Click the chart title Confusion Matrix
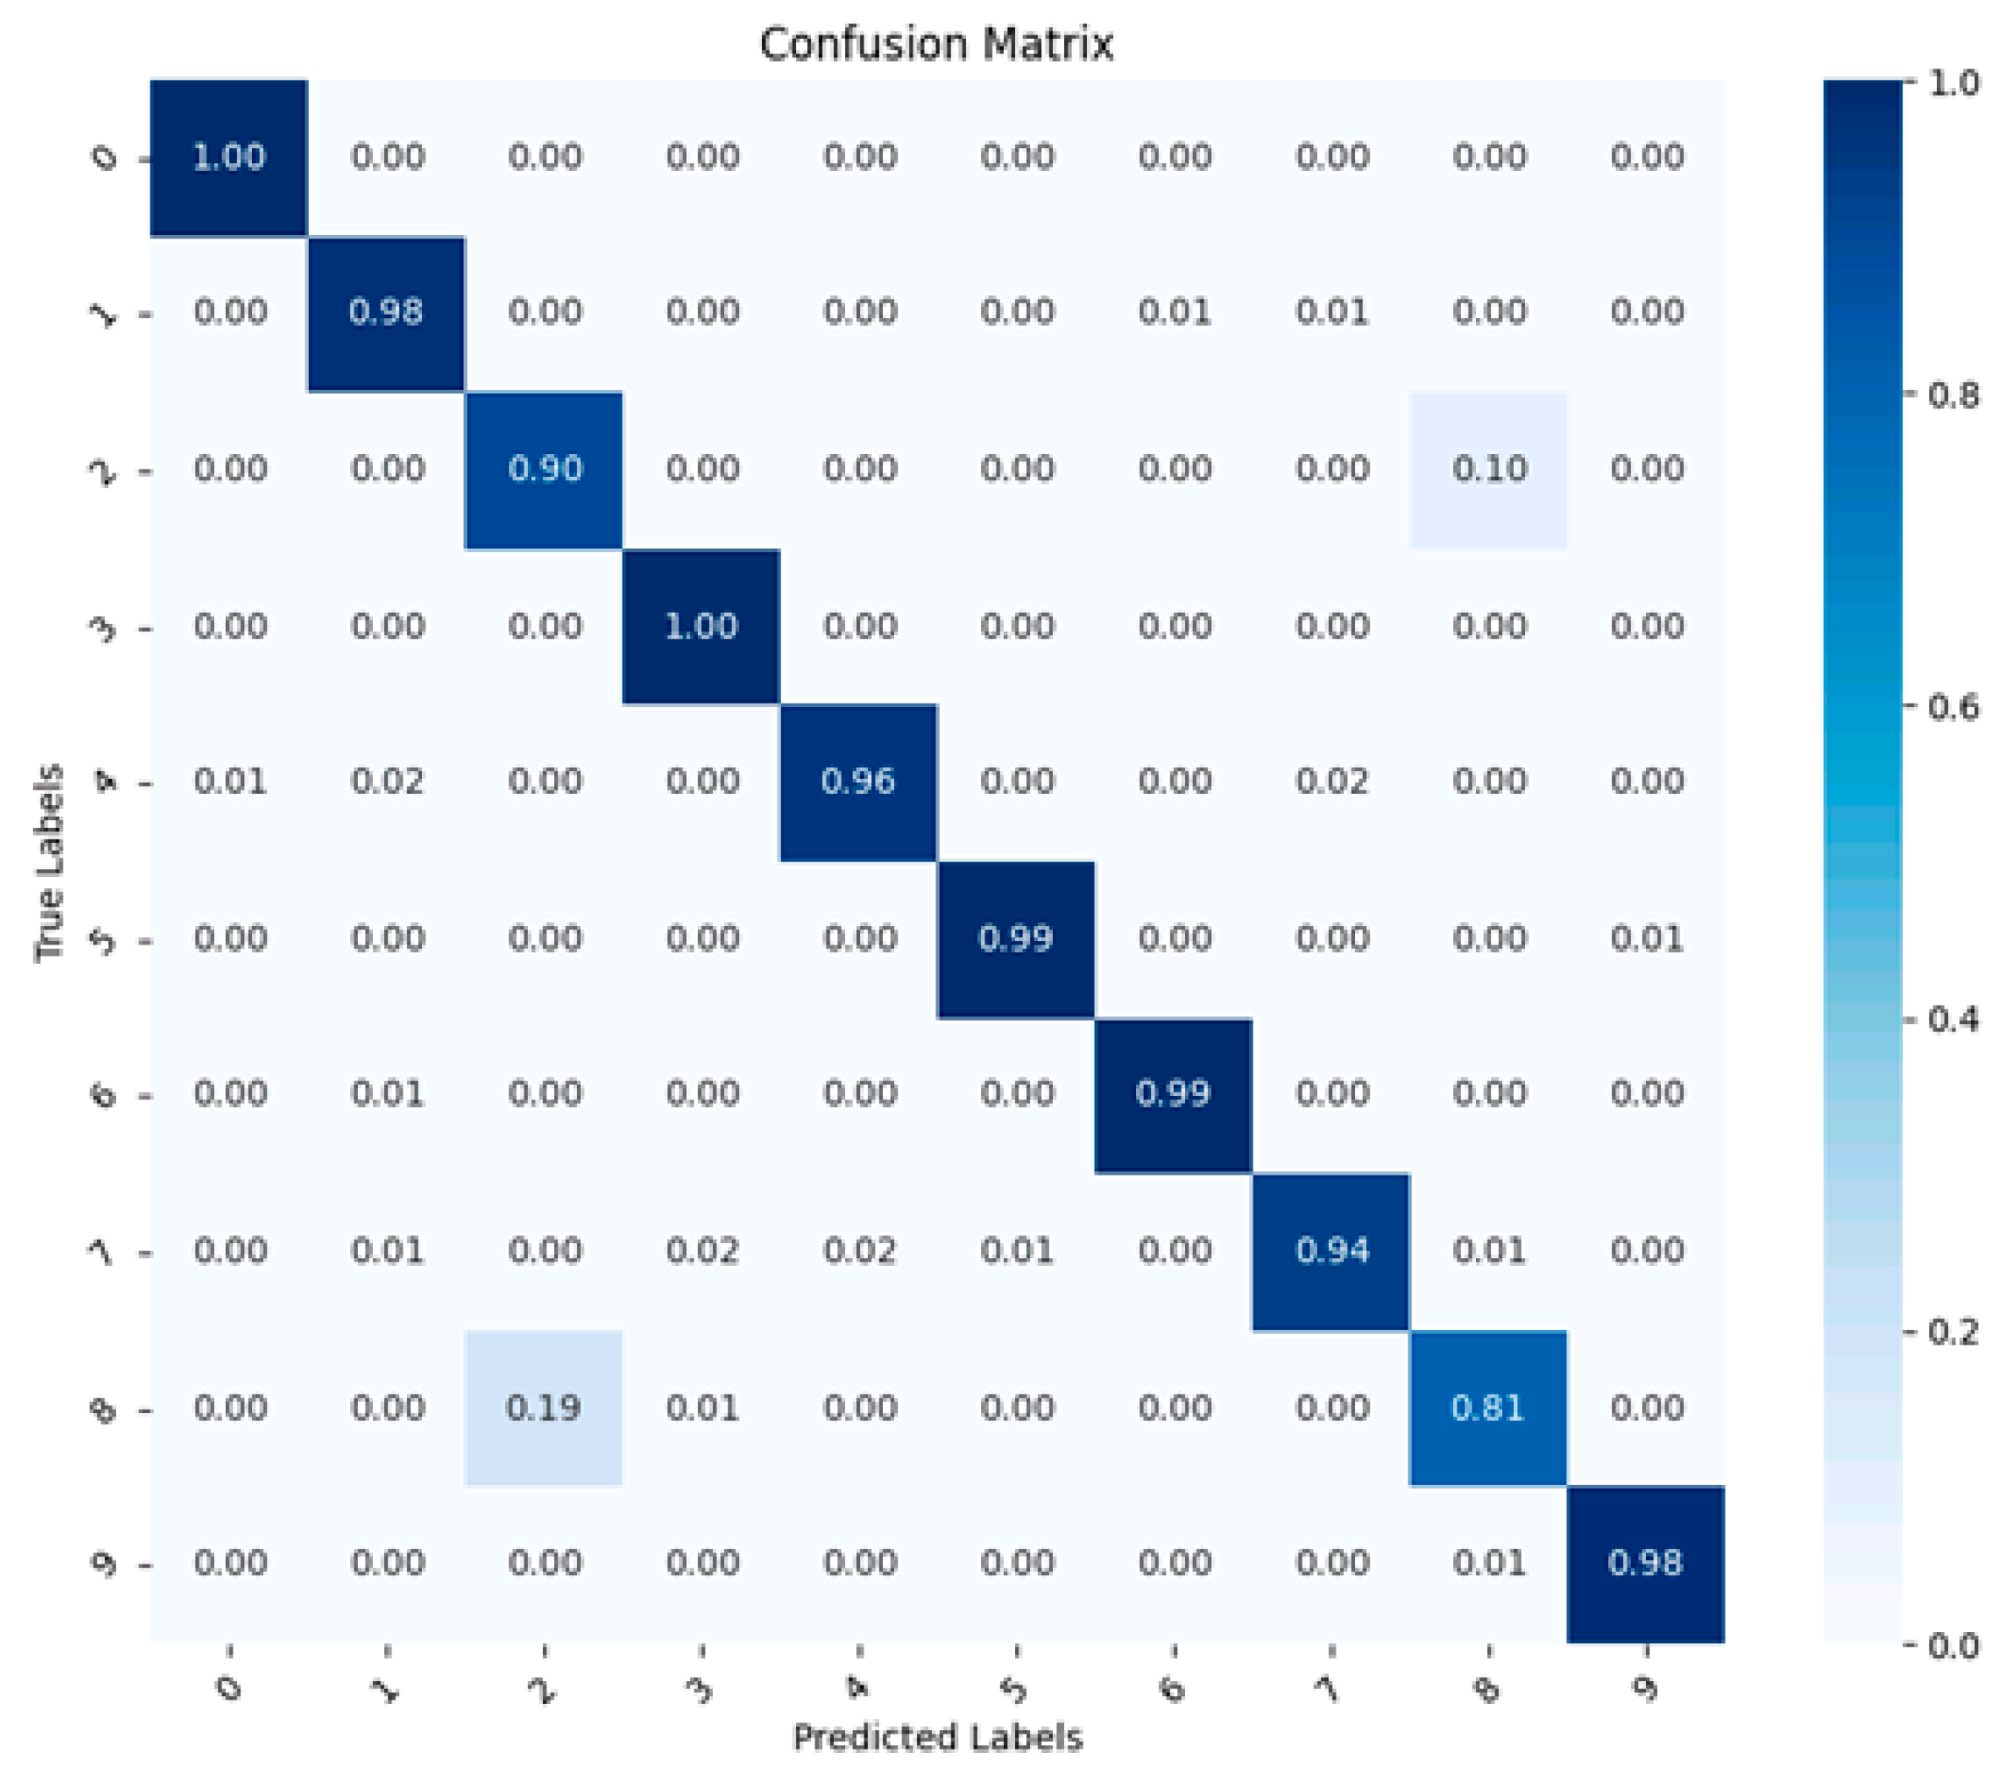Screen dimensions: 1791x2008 936,44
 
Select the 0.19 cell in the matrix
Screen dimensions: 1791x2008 543,1408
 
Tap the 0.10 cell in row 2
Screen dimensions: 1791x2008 1489,469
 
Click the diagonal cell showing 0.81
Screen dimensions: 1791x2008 1489,1408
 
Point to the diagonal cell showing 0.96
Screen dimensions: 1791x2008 859,782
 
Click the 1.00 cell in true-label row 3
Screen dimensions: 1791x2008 701,627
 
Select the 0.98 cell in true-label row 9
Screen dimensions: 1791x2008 1646,1563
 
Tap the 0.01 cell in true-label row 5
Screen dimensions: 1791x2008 1646,939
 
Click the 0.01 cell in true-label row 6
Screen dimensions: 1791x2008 387,1094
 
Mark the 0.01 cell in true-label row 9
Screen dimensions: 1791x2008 1489,1563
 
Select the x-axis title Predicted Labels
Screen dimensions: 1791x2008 936,1738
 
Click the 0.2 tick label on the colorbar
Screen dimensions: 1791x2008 1953,1333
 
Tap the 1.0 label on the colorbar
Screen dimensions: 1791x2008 1953,84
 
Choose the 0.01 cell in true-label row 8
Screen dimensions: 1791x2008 701,1408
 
